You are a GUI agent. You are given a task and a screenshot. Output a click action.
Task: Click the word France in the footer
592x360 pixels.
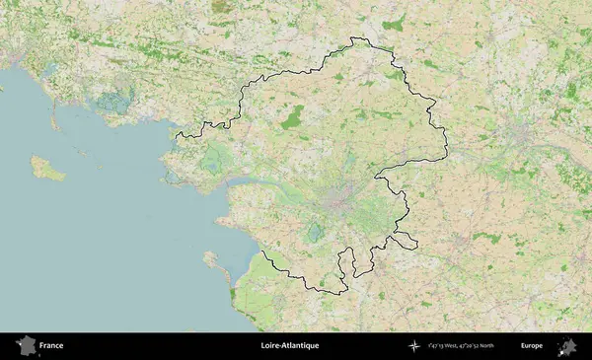(51, 346)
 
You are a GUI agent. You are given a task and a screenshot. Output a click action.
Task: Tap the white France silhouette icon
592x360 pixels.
(26, 346)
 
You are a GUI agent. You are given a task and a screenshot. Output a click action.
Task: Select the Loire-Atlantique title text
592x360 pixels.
(290, 346)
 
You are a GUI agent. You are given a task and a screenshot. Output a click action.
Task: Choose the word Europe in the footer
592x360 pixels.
(532, 346)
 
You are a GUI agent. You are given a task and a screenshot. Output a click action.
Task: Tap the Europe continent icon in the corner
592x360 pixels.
(567, 346)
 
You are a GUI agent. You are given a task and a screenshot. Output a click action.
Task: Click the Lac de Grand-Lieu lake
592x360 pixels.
(315, 233)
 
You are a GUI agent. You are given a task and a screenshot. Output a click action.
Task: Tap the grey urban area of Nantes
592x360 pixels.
(337, 205)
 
